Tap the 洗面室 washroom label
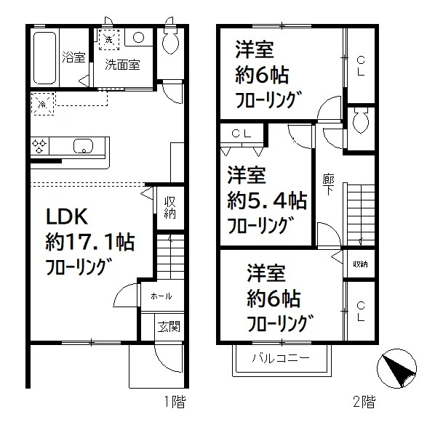(121, 64)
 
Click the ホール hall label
(161, 296)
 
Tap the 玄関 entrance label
(168, 327)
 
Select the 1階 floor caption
(173, 402)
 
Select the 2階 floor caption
(364, 402)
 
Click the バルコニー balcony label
(282, 357)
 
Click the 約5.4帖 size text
(266, 199)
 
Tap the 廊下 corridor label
(329, 185)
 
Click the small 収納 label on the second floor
(359, 264)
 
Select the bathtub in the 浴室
(45, 58)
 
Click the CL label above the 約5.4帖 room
(242, 134)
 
